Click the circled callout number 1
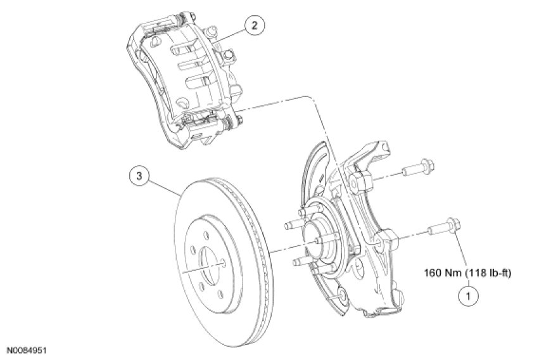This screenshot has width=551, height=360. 469,294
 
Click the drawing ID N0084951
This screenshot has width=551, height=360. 28,349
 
